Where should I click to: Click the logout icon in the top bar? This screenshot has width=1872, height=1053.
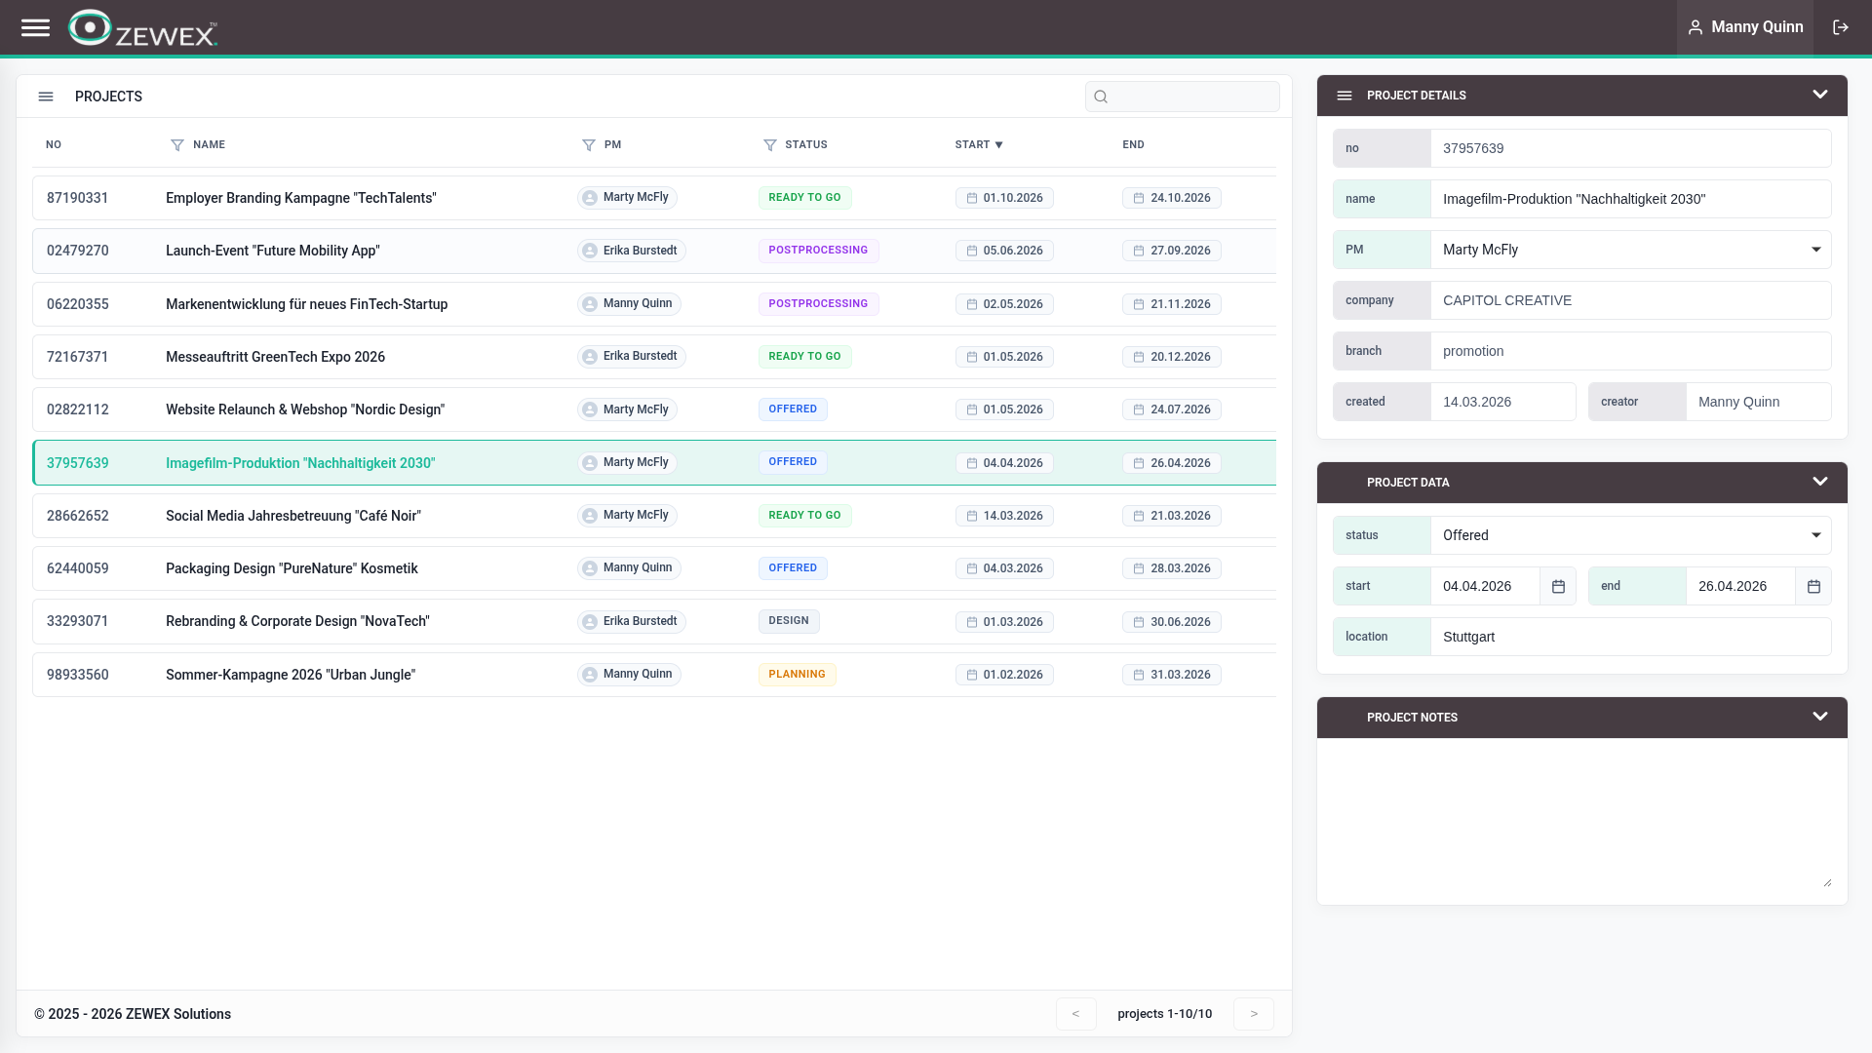(x=1840, y=27)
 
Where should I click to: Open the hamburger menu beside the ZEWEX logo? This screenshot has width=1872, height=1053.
(x=35, y=27)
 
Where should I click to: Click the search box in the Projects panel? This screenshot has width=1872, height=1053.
(x=1182, y=97)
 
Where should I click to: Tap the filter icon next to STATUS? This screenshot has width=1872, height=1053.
(x=769, y=145)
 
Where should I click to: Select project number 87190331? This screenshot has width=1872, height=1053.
(x=78, y=198)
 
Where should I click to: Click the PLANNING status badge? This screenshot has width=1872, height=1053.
(x=797, y=675)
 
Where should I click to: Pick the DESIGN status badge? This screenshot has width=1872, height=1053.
(x=788, y=621)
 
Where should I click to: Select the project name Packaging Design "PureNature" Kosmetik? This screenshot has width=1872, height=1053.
(x=292, y=568)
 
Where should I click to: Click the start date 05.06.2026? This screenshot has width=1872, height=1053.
(x=1004, y=251)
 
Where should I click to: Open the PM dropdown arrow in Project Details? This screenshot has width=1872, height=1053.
(x=1815, y=250)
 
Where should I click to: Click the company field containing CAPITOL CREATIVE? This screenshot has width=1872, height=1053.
(x=1629, y=300)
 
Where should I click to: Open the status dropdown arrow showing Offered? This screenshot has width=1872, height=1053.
(x=1815, y=535)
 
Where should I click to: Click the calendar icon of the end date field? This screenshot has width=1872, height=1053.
(x=1813, y=586)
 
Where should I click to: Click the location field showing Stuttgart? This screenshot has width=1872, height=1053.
(x=1629, y=637)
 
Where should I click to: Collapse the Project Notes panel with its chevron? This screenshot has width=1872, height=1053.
(x=1819, y=717)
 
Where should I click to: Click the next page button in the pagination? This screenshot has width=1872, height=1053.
(x=1254, y=1014)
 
